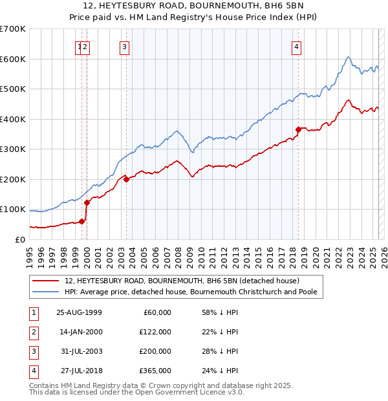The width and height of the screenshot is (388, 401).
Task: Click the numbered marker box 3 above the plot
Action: click(124, 46)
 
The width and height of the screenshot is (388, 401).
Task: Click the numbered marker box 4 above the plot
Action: click(296, 46)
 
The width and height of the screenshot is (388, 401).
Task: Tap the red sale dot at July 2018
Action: click(298, 130)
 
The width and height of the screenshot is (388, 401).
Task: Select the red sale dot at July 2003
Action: click(127, 180)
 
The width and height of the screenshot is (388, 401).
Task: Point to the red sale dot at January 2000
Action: click(87, 203)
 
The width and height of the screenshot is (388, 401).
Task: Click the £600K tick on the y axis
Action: click(13, 59)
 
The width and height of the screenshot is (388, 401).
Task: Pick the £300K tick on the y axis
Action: click(13, 149)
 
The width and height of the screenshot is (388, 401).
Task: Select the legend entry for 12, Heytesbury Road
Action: click(182, 281)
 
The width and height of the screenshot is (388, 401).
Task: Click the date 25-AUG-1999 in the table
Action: click(80, 312)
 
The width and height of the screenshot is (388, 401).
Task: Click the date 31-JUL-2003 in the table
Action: click(80, 351)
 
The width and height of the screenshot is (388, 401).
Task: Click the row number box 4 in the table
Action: click(32, 371)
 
